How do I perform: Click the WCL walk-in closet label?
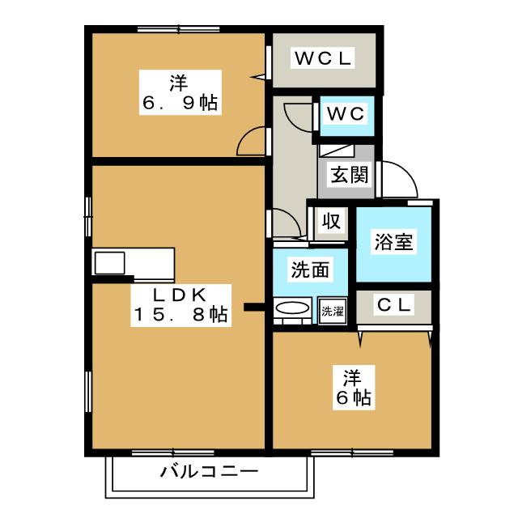pyautogui.click(x=323, y=58)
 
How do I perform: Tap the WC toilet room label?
pyautogui.click(x=346, y=114)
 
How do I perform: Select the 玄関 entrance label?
pyautogui.click(x=350, y=174)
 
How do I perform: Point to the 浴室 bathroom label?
pyautogui.click(x=393, y=242)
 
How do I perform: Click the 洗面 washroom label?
pyautogui.click(x=310, y=270)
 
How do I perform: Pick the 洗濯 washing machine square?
pyautogui.click(x=333, y=311)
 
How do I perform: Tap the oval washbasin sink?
pyautogui.click(x=292, y=308)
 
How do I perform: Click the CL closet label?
pyautogui.click(x=394, y=304)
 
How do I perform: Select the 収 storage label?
pyautogui.click(x=331, y=221)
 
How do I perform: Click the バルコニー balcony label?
pyautogui.click(x=209, y=472)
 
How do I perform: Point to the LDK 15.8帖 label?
pyautogui.click(x=180, y=305)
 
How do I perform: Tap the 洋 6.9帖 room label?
pyautogui.click(x=180, y=92)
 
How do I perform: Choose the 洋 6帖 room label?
pyautogui.click(x=354, y=388)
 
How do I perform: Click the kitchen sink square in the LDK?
pyautogui.click(x=110, y=263)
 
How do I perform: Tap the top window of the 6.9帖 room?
pyautogui.click(x=178, y=29)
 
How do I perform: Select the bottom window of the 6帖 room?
pyautogui.click(x=352, y=452)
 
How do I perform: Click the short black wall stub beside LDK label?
pyautogui.click(x=254, y=308)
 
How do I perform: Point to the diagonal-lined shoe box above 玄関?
pyautogui.click(x=337, y=151)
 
